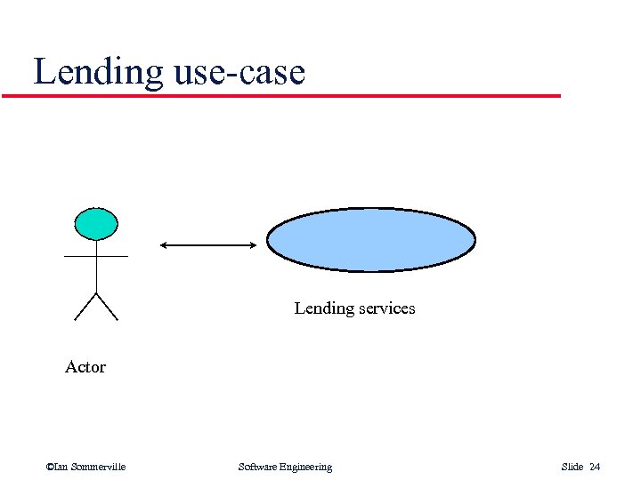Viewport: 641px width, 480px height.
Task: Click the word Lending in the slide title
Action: (99, 72)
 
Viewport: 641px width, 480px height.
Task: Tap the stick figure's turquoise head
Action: (95, 224)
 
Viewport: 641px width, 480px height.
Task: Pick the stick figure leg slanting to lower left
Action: (84, 306)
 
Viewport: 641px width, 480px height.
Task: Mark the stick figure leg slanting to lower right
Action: (107, 306)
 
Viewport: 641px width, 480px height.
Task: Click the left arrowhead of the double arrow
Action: (164, 244)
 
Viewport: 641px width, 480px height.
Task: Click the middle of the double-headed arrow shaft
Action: (207, 244)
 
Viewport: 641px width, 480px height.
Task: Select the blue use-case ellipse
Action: (371, 240)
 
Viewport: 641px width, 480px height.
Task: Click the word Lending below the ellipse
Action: (324, 308)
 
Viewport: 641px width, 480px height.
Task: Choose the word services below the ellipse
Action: (386, 308)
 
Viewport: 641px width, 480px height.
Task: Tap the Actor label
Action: (85, 367)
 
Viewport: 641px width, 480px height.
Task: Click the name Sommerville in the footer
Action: (99, 467)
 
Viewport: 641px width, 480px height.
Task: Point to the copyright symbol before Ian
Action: (49, 467)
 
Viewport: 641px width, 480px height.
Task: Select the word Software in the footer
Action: (259, 467)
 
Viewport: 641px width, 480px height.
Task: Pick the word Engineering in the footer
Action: (307, 467)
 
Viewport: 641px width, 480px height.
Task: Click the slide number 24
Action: (595, 467)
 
